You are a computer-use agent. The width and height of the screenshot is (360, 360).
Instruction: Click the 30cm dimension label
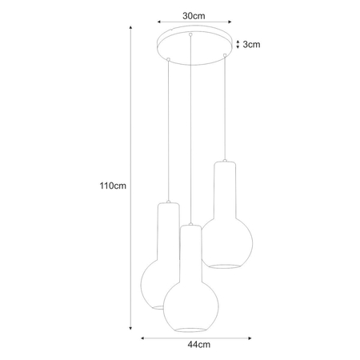click(192, 15)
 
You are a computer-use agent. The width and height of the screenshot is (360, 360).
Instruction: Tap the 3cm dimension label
click(253, 45)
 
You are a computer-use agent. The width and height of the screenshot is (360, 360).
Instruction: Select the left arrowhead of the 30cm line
click(158, 23)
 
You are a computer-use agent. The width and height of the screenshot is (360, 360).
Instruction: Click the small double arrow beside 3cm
click(238, 45)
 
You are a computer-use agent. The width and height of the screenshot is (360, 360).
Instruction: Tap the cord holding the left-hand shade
click(167, 128)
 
